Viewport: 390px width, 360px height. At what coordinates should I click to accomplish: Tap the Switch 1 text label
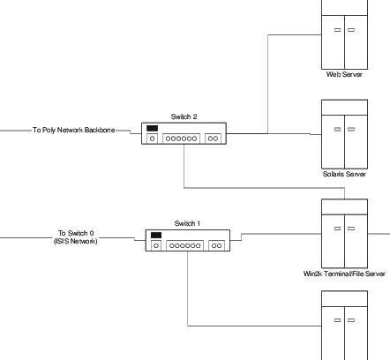point(188,223)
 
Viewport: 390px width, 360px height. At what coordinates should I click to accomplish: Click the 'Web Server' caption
point(344,74)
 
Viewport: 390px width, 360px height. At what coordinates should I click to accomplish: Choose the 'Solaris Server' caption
point(344,174)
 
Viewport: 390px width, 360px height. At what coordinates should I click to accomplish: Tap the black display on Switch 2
point(153,129)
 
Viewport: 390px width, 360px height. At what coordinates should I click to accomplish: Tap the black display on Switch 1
point(156,236)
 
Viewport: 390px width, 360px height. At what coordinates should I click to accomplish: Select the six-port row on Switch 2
point(182,139)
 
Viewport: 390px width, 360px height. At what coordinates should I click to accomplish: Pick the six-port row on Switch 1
point(185,245)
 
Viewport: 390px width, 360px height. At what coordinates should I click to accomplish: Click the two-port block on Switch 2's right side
point(214,139)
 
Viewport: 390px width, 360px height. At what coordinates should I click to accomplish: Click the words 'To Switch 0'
point(74,233)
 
